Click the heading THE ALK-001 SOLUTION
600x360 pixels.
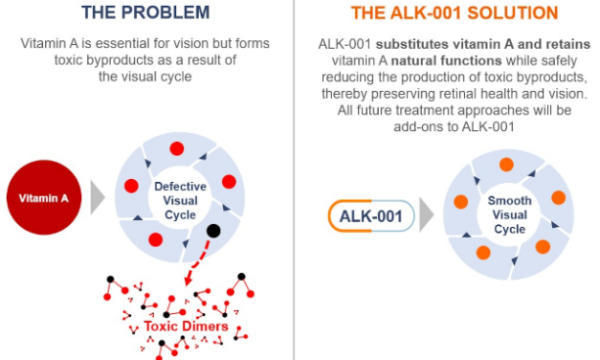455,13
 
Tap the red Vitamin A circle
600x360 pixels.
45,198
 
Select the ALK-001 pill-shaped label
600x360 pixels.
372,215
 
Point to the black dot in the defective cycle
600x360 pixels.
213,231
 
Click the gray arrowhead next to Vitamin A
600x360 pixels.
97,198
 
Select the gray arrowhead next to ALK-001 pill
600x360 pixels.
427,215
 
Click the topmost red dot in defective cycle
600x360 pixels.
176,148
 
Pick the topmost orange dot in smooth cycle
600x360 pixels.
506,165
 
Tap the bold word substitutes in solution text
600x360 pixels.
417,46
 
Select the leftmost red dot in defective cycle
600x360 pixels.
132,185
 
